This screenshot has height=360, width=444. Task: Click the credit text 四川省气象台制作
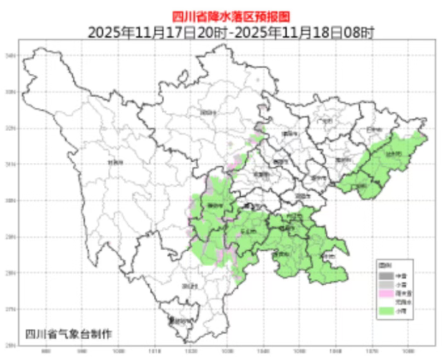tap(70, 329)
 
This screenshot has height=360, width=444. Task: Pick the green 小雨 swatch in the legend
tap(384, 312)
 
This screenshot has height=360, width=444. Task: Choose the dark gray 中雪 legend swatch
tap(384, 274)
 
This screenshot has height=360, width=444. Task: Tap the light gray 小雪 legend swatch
tap(384, 282)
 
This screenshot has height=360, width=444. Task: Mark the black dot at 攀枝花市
tap(179, 317)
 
